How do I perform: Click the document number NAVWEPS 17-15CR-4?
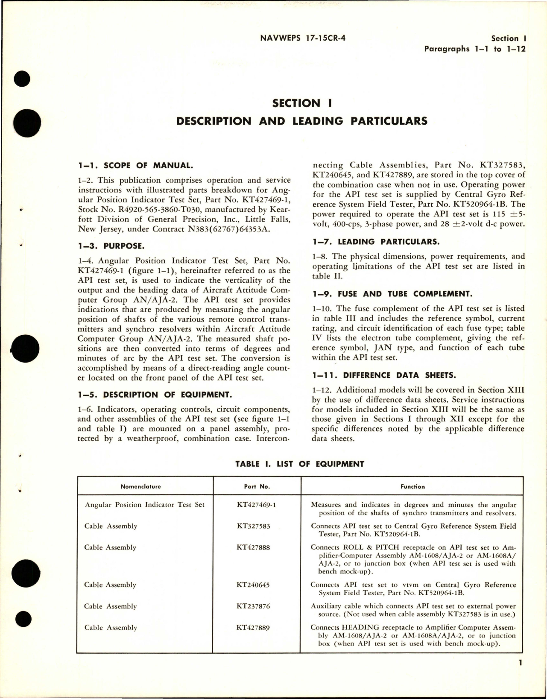(302, 38)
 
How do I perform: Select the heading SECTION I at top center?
(302, 103)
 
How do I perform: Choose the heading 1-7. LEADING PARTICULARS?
(375, 241)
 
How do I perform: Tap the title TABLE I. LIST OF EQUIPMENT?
(300, 464)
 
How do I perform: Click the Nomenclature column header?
(141, 486)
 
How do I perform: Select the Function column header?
(412, 486)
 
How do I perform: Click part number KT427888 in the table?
(253, 547)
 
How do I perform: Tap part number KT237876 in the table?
(253, 606)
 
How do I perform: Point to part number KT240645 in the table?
(253, 585)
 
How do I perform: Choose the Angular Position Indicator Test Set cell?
(145, 505)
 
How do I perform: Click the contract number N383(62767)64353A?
(220, 229)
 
